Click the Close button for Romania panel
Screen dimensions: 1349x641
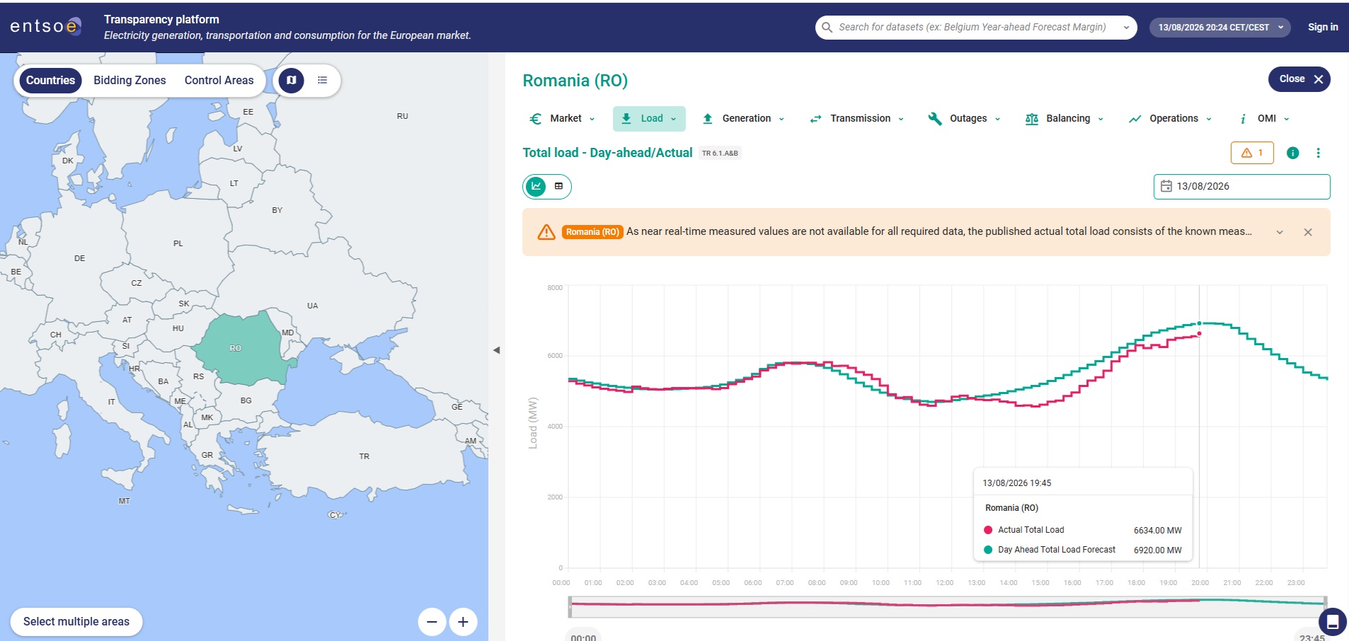(1299, 79)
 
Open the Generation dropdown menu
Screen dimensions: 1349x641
(743, 119)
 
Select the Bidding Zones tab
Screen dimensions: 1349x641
(130, 81)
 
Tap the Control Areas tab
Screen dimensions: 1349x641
(219, 81)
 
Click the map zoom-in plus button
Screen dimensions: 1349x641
(463, 622)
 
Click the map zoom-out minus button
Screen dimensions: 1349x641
(432, 622)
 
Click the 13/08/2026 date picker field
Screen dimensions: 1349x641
(1241, 187)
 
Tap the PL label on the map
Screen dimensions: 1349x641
(178, 243)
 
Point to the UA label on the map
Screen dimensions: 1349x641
(312, 306)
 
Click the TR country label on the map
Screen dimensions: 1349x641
(364, 456)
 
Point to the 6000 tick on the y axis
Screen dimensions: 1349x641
(555, 356)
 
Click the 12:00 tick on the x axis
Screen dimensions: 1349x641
(944, 583)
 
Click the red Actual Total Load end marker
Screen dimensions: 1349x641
(1199, 334)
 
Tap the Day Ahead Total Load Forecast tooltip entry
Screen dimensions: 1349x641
(1056, 550)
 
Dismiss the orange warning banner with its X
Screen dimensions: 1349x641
(1308, 232)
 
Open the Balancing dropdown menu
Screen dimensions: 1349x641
(1064, 119)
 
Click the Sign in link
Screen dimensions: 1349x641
(1323, 28)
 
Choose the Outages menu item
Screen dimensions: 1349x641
(965, 119)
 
